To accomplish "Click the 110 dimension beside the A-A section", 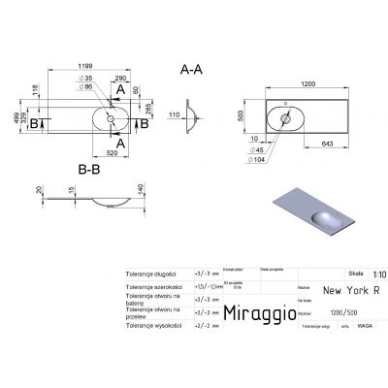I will [176, 117].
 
